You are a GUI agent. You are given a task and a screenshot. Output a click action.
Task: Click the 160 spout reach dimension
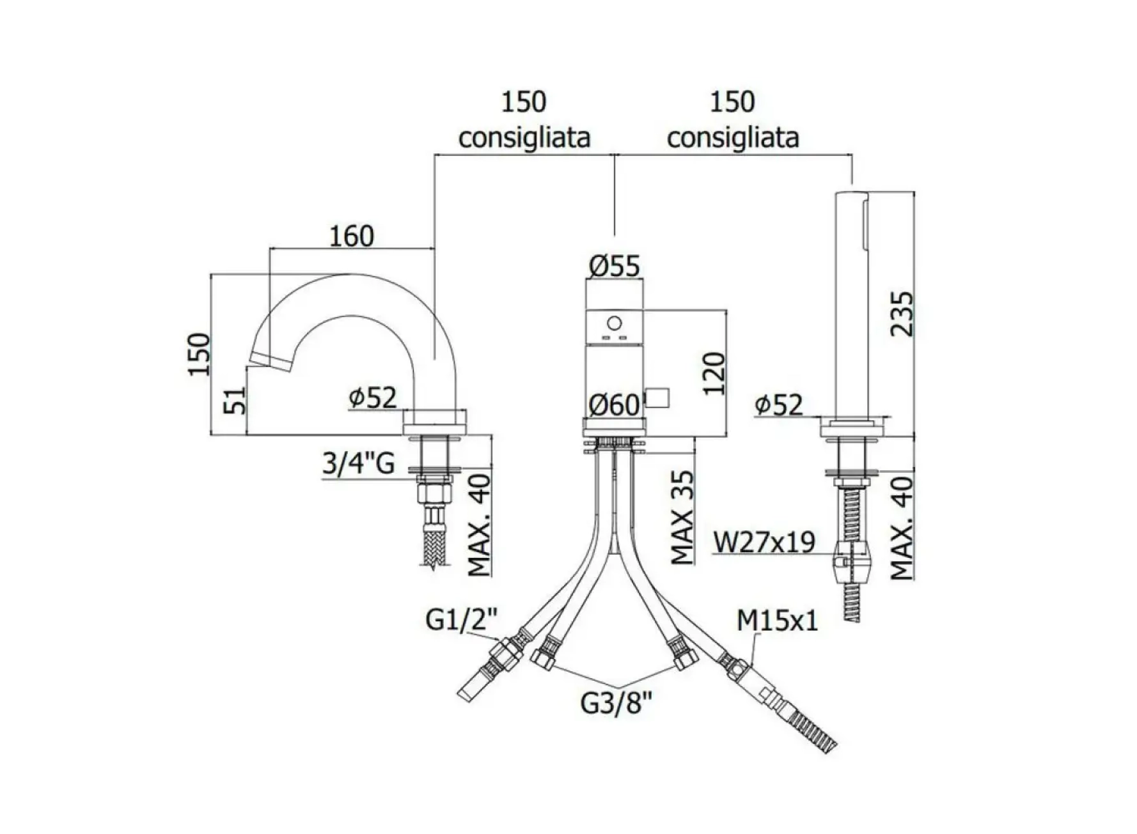(x=351, y=236)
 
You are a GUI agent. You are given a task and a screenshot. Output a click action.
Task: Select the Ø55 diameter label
(x=614, y=266)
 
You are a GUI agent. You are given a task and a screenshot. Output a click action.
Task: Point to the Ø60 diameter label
(x=614, y=405)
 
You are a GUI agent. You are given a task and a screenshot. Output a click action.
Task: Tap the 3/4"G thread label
(x=358, y=463)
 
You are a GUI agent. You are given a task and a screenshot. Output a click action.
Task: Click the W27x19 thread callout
(x=764, y=543)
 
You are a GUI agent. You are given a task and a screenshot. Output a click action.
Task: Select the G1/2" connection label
(x=461, y=619)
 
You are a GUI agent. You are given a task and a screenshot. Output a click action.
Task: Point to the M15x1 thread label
(x=777, y=620)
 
